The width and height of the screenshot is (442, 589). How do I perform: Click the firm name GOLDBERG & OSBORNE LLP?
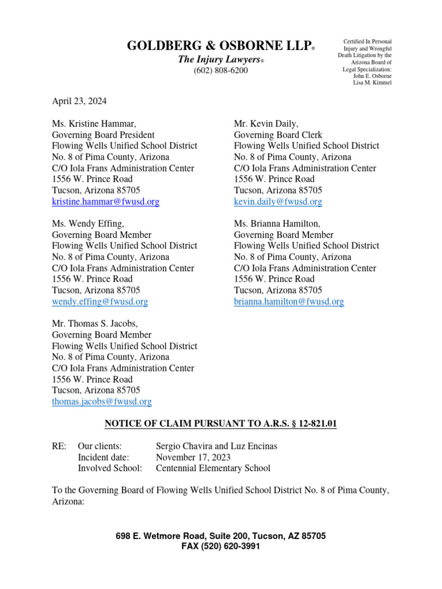tap(219, 47)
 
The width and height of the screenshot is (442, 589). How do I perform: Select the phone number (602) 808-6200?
tap(220, 70)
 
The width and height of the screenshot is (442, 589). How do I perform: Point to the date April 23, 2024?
tap(79, 101)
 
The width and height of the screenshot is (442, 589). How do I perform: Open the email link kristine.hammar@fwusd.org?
tap(106, 202)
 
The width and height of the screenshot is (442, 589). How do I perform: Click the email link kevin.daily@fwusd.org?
tap(278, 202)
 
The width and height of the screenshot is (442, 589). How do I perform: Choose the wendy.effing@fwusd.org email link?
tap(100, 301)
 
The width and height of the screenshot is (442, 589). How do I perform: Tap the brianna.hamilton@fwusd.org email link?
tap(289, 301)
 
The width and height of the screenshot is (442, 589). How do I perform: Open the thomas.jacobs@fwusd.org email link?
tap(102, 401)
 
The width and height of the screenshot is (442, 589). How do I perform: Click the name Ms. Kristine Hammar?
tap(94, 123)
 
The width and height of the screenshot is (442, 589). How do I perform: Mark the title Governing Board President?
tap(104, 135)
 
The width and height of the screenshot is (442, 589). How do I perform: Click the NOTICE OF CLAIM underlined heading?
tap(220, 424)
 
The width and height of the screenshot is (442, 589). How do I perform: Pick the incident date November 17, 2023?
tap(193, 457)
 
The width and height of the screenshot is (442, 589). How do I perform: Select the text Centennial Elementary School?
tap(213, 468)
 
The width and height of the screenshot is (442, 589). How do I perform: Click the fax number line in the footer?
tap(220, 546)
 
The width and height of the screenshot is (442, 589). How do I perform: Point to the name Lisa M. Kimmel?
tap(372, 83)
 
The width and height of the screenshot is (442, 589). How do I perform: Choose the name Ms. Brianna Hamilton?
tap(277, 224)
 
